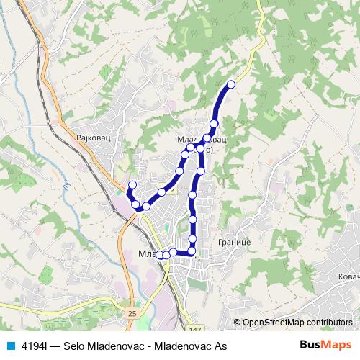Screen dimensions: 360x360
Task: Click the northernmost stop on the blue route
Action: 231,85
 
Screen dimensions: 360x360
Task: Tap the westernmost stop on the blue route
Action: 132,185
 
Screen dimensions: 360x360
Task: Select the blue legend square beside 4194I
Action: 9,346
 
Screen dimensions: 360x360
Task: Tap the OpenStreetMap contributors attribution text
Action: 297,322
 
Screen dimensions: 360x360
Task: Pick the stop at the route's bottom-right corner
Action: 192,251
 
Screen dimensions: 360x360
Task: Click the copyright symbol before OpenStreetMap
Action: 238,322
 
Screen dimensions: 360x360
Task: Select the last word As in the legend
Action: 220,346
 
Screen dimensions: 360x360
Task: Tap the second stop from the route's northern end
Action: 214,124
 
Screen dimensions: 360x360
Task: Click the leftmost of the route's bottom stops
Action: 160,255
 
